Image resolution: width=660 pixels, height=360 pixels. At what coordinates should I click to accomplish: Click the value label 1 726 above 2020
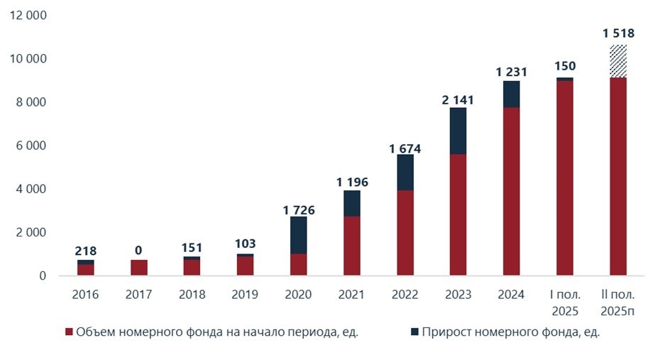coord(299,210)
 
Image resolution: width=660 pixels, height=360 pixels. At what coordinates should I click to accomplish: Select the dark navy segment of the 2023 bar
coord(458,131)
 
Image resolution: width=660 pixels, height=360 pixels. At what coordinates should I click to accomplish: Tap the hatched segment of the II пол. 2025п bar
coord(618,61)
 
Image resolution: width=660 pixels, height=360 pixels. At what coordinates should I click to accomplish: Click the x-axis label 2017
coord(139,294)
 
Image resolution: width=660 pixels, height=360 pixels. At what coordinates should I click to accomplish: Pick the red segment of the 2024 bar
coord(512,191)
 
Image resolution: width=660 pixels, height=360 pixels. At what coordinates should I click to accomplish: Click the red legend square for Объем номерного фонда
coord(69,332)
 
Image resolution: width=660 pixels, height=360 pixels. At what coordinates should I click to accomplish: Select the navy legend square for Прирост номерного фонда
coord(414,332)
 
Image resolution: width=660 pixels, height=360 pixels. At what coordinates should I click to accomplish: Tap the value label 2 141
coord(458,100)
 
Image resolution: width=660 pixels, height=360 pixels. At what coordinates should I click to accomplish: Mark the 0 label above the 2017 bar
coord(139,250)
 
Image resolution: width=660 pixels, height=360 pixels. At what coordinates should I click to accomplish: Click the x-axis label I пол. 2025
coord(565,302)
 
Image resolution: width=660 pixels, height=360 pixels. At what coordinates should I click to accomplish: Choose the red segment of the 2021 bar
coord(352,246)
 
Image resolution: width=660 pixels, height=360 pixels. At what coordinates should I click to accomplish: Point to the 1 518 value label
coord(618,33)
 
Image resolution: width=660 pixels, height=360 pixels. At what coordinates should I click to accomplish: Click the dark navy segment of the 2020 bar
coord(299,235)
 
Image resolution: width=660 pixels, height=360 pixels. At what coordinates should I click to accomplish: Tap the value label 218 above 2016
coord(86,251)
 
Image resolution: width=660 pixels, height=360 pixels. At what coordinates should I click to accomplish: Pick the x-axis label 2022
coord(405,294)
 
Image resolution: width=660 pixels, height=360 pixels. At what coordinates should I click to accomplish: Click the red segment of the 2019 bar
coord(246,266)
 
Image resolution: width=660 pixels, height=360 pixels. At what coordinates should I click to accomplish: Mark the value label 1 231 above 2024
coord(512,72)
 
